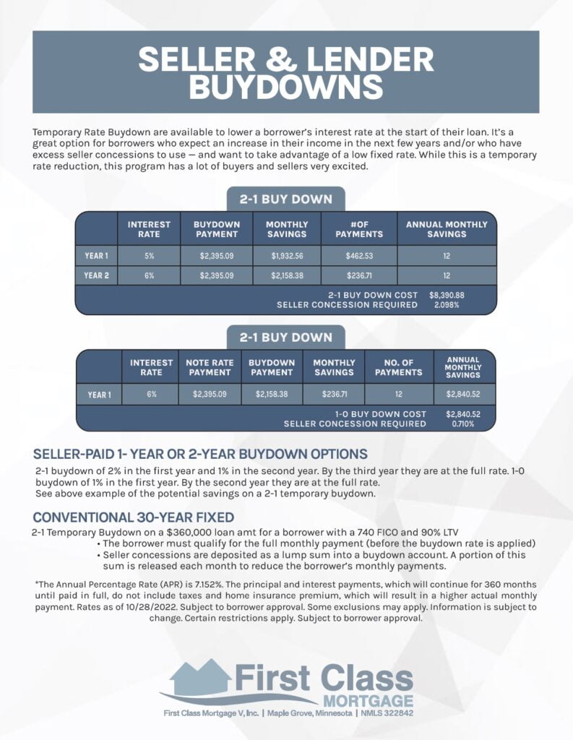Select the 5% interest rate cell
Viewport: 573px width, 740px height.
[x=148, y=256]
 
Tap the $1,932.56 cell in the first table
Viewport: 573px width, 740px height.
[x=287, y=256]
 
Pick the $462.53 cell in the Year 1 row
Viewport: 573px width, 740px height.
[x=359, y=256]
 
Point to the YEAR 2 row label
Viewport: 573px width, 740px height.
[x=96, y=275]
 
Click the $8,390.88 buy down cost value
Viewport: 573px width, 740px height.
[x=447, y=295]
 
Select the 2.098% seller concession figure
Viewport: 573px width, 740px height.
[x=447, y=305]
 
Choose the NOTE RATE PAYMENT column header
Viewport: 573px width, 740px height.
[x=209, y=367]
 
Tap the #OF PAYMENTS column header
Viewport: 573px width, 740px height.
[x=359, y=229]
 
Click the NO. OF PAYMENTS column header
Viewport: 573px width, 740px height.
[x=398, y=367]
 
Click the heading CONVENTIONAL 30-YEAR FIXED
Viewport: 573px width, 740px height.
[x=134, y=517]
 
